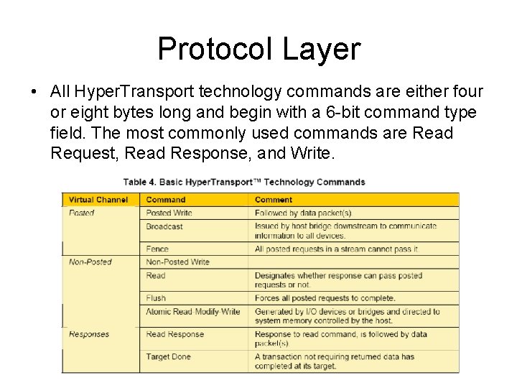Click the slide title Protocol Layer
coord(258,49)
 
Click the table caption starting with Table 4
coord(244,182)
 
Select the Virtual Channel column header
coord(98,200)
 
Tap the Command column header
coord(166,200)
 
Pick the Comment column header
coord(274,200)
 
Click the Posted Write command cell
coord(169,213)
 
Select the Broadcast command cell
coord(164,226)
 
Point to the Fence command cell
coord(157,249)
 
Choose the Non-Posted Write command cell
coord(177,262)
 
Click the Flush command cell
coord(156,297)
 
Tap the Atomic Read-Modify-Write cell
coord(192,311)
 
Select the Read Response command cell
coord(175,334)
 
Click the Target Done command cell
coord(168,356)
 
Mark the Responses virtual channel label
coord(89,334)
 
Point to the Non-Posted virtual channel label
coord(90,262)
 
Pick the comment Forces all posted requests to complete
coord(325,297)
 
